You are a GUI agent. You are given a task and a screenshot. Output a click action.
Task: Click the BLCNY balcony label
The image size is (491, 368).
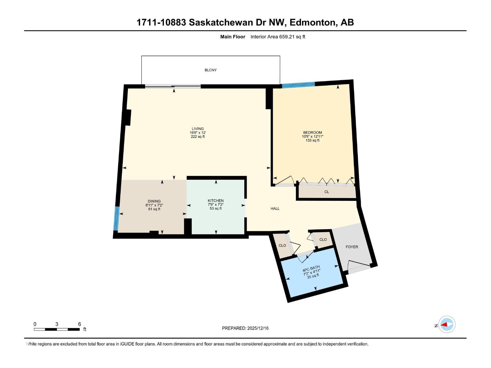click(211, 70)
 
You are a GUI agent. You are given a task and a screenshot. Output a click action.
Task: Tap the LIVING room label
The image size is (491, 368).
click(198, 129)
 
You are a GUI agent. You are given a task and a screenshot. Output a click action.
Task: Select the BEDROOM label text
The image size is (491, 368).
click(312, 132)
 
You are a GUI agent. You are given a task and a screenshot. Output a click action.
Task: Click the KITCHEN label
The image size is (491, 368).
click(215, 201)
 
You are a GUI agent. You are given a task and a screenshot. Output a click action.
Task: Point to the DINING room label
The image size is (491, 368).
click(154, 201)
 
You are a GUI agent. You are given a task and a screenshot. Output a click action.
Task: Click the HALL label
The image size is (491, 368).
click(275, 209)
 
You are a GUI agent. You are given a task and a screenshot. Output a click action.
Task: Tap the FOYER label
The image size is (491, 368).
click(352, 247)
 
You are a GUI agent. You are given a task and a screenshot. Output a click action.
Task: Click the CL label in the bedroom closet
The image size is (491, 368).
click(327, 192)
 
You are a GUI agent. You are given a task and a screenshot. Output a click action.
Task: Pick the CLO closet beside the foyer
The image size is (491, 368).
click(323, 240)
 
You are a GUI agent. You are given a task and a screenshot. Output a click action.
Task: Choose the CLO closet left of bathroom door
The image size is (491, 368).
click(282, 245)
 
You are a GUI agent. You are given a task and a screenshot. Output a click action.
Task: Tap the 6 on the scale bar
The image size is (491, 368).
click(79, 324)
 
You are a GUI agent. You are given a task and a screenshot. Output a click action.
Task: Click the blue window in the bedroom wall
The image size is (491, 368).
click(298, 85)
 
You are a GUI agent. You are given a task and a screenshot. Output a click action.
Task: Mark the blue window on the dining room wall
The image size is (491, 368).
click(116, 218)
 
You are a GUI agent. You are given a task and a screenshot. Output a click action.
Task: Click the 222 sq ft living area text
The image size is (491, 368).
click(198, 137)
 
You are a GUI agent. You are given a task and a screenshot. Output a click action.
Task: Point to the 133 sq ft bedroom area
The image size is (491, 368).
click(312, 140)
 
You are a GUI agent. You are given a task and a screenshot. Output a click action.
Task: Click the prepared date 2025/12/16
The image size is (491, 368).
click(257, 328)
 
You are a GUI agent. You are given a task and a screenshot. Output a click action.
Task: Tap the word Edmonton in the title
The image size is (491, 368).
click(312, 22)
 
